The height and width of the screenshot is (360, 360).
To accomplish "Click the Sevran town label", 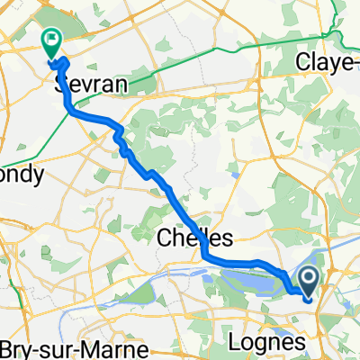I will point(90,84).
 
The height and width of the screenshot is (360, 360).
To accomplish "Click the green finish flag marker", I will point(50,40).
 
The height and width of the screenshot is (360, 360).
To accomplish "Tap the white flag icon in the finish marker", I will point(50,39).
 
